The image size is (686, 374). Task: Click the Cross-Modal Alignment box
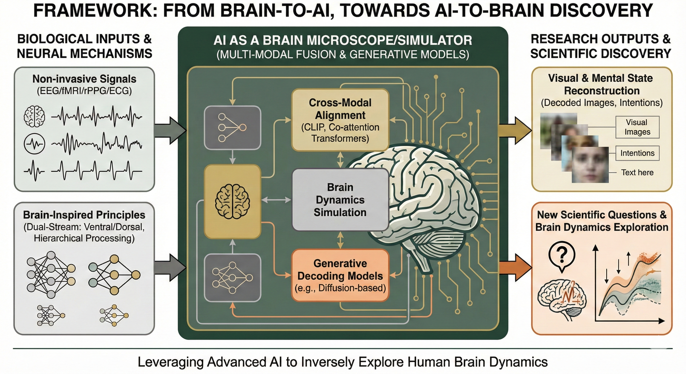[340, 120]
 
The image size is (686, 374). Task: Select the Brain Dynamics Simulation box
[340, 200]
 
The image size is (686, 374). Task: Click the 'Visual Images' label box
[637, 127]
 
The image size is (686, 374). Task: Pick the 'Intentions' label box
[637, 153]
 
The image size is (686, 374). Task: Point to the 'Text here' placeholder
[637, 172]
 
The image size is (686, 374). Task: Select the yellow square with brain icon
[232, 201]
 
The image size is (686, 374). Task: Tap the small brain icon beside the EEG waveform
[34, 116]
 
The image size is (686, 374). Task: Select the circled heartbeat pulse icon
[34, 143]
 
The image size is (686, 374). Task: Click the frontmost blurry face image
[590, 165]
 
